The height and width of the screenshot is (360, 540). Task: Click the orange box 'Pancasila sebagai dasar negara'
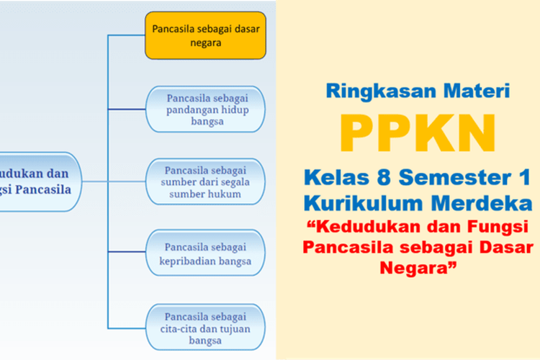pyautogui.click(x=206, y=35)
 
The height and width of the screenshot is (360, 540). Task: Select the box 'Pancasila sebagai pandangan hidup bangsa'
pyautogui.click(x=206, y=109)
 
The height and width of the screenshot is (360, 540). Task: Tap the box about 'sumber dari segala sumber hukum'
pyautogui.click(x=206, y=181)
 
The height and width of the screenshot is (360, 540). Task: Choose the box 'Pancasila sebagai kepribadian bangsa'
pyautogui.click(x=206, y=253)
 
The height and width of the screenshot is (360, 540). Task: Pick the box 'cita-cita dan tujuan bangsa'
pyautogui.click(x=206, y=328)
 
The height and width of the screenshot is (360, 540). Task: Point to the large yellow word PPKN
pyautogui.click(x=418, y=133)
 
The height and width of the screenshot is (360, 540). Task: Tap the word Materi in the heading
pyautogui.click(x=477, y=91)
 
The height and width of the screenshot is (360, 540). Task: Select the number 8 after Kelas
pyautogui.click(x=384, y=177)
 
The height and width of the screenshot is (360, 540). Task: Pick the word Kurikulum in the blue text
pyautogui.click(x=364, y=203)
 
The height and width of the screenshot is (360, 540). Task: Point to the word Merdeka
pyautogui.click(x=482, y=203)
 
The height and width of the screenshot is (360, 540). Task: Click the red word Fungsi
pyautogui.click(x=498, y=227)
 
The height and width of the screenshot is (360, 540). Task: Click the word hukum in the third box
pyautogui.click(x=224, y=194)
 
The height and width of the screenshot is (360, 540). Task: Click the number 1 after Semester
pyautogui.click(x=524, y=177)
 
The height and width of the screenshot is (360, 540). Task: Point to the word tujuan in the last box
pyautogui.click(x=235, y=329)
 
